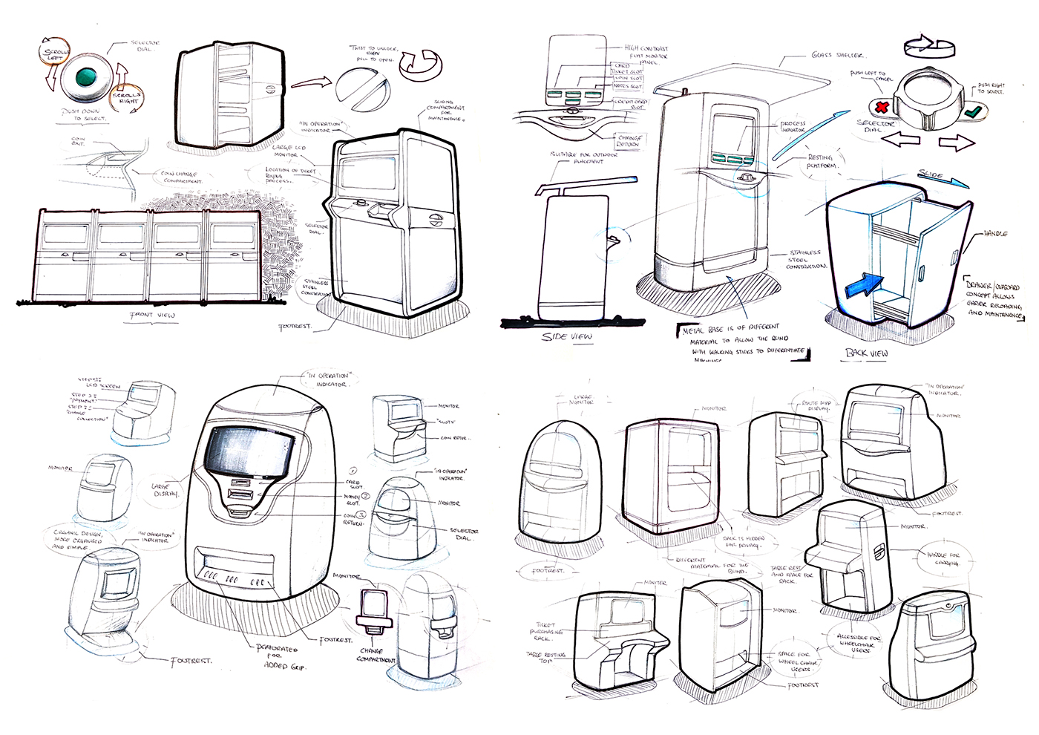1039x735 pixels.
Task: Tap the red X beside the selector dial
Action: (882, 106)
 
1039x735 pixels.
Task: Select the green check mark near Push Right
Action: (974, 112)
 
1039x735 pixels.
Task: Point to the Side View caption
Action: (567, 336)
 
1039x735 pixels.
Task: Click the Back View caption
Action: (866, 353)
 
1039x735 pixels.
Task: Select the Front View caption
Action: (153, 315)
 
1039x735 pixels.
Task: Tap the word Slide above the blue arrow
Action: (931, 175)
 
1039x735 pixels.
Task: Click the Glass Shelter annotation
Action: (837, 55)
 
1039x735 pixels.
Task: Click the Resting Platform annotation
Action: (822, 162)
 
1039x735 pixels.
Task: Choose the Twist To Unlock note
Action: (375, 53)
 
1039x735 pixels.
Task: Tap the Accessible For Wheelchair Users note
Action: (859, 644)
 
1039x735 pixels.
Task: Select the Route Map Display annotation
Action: (817, 405)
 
